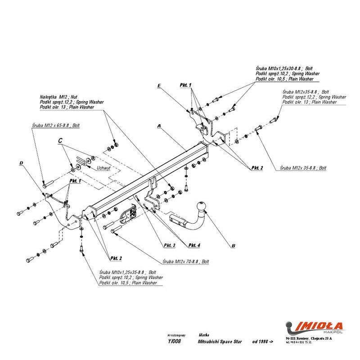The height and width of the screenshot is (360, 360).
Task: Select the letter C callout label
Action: point(60,141)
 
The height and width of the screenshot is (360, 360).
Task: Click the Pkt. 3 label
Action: point(169,245)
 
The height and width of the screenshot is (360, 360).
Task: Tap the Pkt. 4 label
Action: point(194,245)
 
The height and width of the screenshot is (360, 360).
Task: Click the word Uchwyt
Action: point(103,168)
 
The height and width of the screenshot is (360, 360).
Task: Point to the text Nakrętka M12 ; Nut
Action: point(58,97)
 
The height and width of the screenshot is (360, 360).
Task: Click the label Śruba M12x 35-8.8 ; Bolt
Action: point(303,167)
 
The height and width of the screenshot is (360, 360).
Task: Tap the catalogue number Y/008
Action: point(174,342)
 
